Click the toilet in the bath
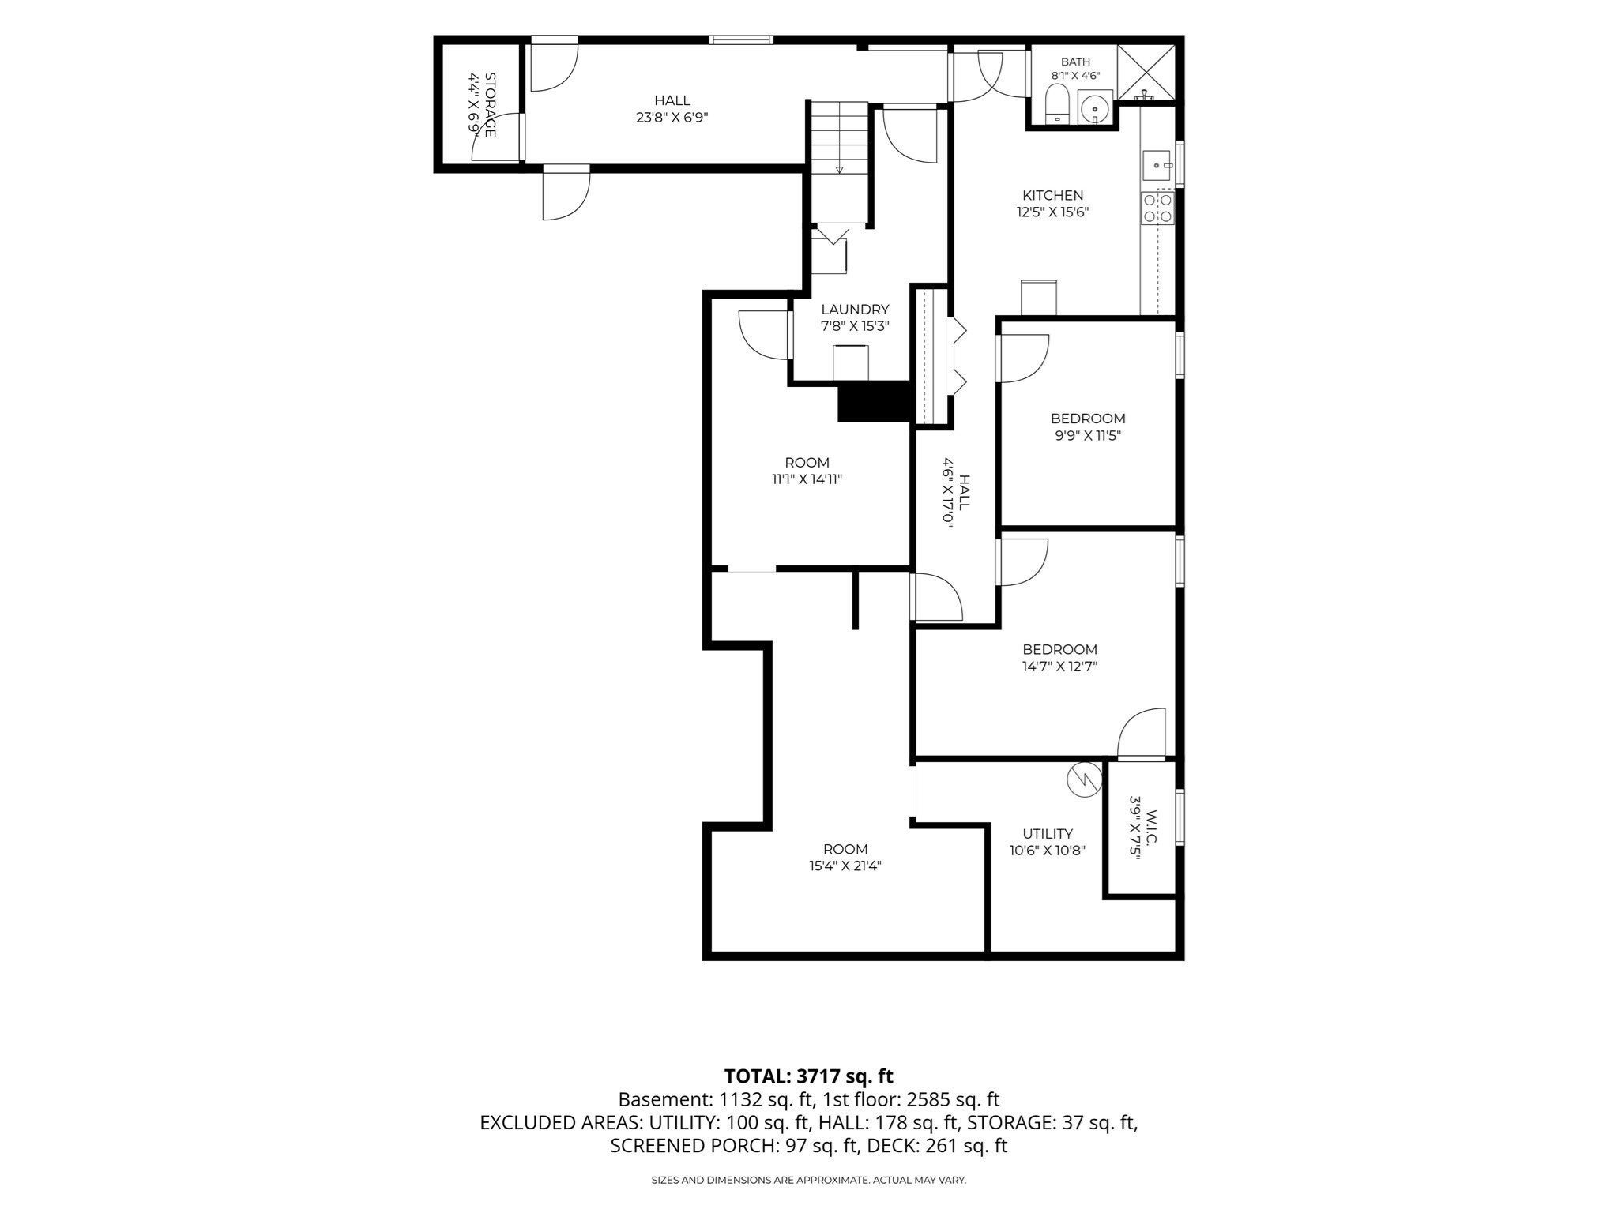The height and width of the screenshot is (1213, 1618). click(1056, 105)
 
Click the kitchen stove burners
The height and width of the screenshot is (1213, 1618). click(1157, 208)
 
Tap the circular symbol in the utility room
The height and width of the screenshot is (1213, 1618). click(1082, 779)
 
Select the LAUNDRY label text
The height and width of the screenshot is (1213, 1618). click(855, 310)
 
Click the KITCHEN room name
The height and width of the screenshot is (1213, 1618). click(1053, 195)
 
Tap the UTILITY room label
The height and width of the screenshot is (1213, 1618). click(1048, 833)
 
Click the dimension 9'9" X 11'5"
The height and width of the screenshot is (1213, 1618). click(1088, 435)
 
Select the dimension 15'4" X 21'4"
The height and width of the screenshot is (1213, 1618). click(845, 866)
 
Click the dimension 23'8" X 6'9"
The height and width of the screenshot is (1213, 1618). click(672, 117)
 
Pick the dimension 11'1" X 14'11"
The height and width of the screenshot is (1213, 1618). click(807, 479)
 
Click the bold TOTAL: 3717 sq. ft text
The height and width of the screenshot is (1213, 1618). click(809, 1076)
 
